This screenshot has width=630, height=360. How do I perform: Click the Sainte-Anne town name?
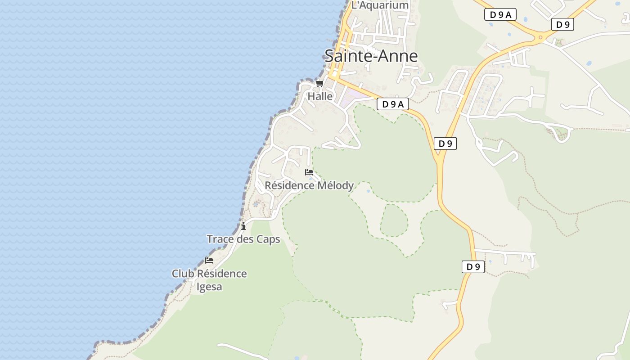tap(371, 56)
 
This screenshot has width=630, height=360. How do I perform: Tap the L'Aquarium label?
tap(380, 5)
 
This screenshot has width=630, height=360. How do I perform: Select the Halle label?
tap(320, 96)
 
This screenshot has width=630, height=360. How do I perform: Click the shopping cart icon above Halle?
tap(319, 83)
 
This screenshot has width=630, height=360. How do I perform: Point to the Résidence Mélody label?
tap(309, 185)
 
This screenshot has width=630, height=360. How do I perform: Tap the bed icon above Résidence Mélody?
tap(309, 172)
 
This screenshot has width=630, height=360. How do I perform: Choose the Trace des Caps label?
tap(243, 239)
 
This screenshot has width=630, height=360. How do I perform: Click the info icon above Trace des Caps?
tap(243, 226)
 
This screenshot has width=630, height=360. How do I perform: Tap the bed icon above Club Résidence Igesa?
tap(209, 260)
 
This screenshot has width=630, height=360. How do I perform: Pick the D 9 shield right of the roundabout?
tap(562, 25)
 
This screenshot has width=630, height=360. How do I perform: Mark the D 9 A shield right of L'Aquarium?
tap(500, 15)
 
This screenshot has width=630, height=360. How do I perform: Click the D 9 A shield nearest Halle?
tap(392, 104)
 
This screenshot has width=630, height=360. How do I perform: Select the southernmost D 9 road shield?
tap(473, 267)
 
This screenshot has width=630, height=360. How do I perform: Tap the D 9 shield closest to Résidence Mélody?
tap(445, 144)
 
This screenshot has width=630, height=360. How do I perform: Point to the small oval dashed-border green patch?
tap(394, 220)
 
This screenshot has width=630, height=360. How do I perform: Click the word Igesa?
tap(210, 287)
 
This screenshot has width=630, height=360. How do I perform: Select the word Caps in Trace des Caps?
tap(268, 239)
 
